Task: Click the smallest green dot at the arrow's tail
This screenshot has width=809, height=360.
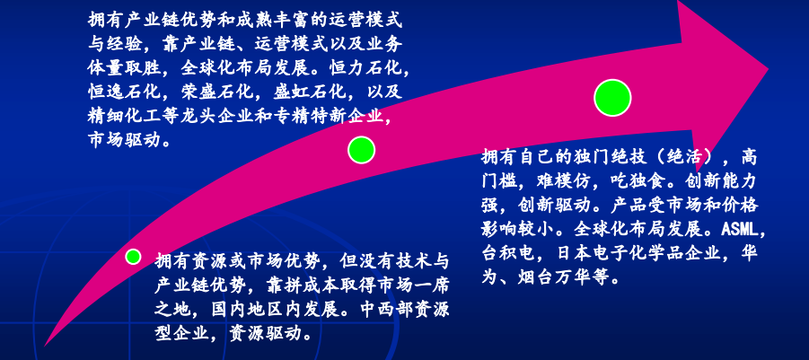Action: point(133,257)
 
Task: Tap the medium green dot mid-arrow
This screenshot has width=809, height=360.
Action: point(361,150)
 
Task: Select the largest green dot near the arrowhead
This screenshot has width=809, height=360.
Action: point(612,98)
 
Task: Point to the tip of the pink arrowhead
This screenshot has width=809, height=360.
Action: point(769,68)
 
